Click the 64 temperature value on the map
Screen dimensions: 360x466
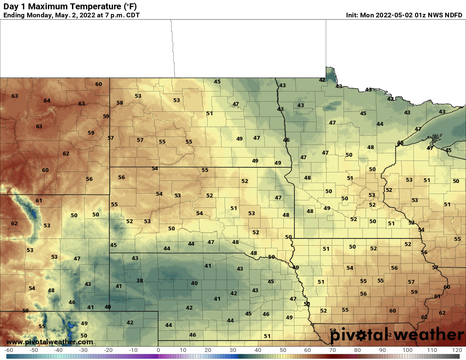coord(47,101)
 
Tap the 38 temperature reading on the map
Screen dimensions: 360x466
coord(140,281)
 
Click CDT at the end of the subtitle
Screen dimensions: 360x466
coord(132,15)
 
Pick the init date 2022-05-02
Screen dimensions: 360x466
coord(394,15)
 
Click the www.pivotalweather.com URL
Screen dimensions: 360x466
coord(50,342)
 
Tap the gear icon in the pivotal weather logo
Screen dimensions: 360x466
coord(361,335)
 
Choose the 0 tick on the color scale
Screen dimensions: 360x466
coord(158,350)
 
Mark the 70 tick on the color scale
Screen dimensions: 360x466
coord(333,350)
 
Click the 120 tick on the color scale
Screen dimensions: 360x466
coord(457,350)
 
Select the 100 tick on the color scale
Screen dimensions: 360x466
coord(407,350)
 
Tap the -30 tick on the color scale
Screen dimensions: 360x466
coord(83,350)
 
